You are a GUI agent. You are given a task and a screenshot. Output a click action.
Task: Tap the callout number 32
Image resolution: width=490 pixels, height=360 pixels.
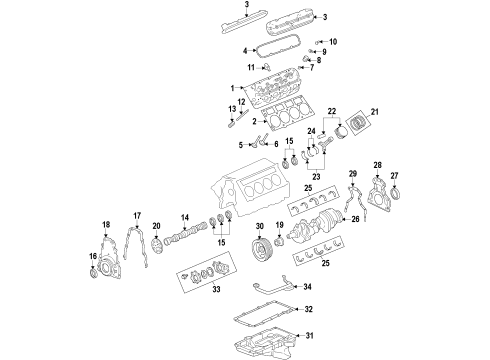308,309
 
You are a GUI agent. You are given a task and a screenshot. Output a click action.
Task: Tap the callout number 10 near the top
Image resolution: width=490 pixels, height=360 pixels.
333,41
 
